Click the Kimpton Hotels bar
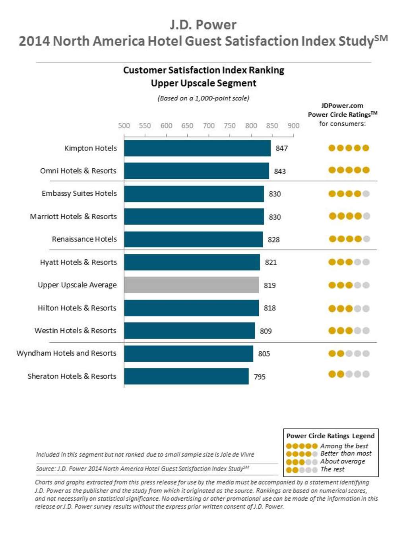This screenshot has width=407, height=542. coord(197,148)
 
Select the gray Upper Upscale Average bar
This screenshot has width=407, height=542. coord(191,285)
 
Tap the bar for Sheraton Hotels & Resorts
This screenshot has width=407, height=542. coord(186,376)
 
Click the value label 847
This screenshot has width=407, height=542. coord(281,148)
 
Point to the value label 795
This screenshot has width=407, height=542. coord(260,376)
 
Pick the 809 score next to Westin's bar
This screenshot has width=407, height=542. coord(266,331)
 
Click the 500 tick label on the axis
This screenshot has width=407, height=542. coord(124,125)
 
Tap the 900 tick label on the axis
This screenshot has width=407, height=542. coord(293,125)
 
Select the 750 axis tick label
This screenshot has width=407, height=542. coord(230,125)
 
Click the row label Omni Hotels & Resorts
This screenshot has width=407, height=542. coord(78,171)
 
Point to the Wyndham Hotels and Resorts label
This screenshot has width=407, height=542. coord(66,353)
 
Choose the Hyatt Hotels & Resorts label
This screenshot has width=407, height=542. coord(78,262)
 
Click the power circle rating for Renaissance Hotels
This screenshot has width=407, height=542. coord(349,239)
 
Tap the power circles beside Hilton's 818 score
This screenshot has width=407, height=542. coord(349,309)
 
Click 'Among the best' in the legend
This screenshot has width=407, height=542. coord(344,446)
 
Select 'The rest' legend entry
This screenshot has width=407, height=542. coord(332,469)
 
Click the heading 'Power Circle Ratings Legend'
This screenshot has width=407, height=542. coord(330,436)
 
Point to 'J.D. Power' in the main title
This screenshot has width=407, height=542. coord(203,25)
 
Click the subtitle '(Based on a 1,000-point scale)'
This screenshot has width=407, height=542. coord(203,98)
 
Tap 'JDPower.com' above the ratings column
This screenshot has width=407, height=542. coord(342,106)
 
